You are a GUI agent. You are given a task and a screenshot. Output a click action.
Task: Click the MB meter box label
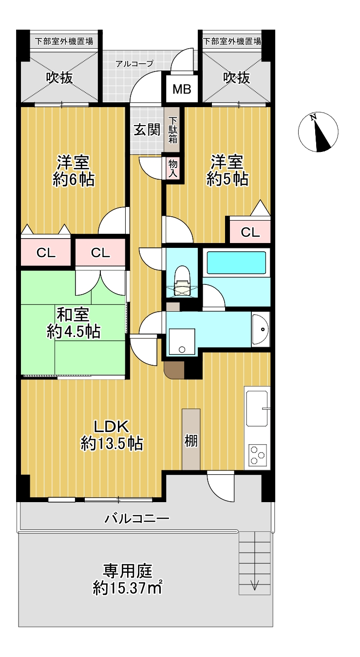tap(182, 89)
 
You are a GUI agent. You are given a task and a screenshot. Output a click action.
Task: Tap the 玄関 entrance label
tap(147, 130)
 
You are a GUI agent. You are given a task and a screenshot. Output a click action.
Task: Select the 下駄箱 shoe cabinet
tap(172, 130)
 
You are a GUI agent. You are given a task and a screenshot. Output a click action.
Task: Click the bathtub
tap(236, 262)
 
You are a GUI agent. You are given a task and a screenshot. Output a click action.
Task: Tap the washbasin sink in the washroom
tap(260, 329)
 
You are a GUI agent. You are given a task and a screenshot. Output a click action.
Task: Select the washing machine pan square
tap(182, 342)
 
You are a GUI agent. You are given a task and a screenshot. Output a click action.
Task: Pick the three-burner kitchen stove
tap(258, 454)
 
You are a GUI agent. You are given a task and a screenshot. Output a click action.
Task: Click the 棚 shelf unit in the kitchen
tap(191, 439)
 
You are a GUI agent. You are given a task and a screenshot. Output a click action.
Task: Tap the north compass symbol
tap(318, 132)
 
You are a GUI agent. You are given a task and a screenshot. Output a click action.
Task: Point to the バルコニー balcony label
tap(137, 519)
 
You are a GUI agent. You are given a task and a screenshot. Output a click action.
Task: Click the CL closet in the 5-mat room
tap(250, 232)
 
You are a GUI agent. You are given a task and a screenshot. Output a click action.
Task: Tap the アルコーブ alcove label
tap(134, 63)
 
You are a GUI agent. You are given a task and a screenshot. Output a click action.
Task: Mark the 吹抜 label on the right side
tap(237, 78)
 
